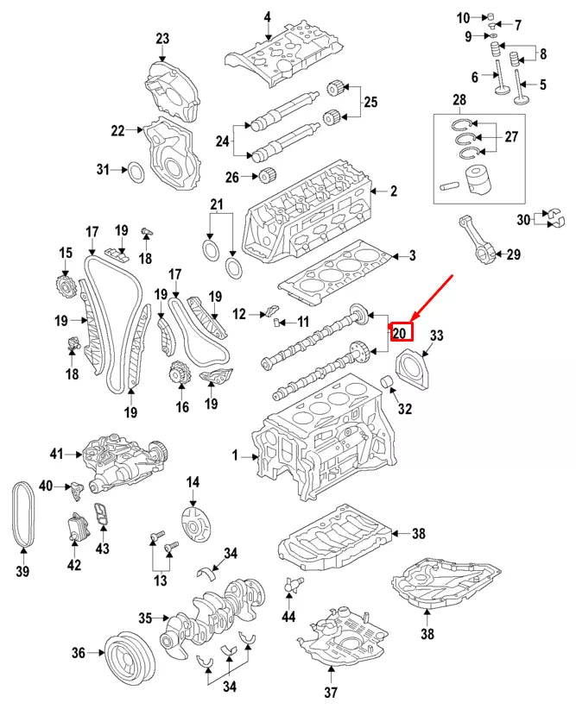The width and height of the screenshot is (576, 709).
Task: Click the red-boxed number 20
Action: point(402,332)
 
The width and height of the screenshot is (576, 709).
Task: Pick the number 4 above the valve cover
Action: point(268,17)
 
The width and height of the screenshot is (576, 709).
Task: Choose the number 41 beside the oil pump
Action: point(57,453)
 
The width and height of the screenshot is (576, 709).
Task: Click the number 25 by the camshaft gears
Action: point(370,103)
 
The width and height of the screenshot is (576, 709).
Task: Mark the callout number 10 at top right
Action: point(463,17)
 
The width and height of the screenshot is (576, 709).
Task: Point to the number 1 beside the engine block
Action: point(234,455)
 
